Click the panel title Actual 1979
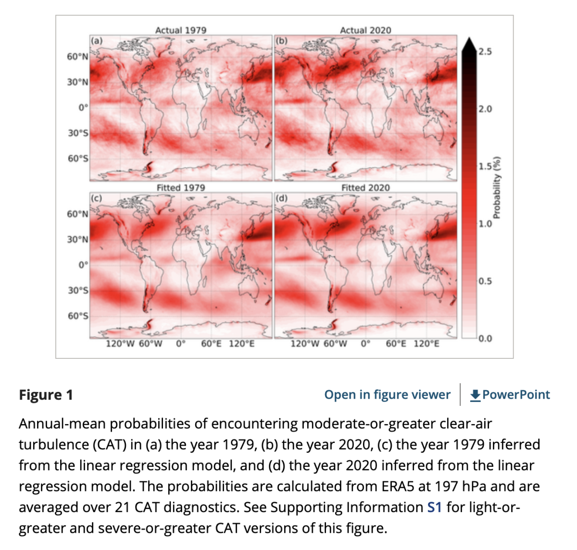click(x=180, y=30)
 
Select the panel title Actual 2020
click(x=365, y=30)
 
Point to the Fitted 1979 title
click(x=180, y=187)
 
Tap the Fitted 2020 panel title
click(x=365, y=187)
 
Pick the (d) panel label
click(x=281, y=198)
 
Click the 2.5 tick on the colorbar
click(x=485, y=51)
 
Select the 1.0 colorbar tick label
click(x=485, y=223)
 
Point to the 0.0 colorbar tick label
click(x=485, y=338)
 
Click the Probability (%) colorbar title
click(x=497, y=187)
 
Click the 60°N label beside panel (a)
click(x=77, y=57)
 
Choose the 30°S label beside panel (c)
click(x=77, y=290)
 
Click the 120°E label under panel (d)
click(x=426, y=344)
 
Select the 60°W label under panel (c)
click(x=151, y=344)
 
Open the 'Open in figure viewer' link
click(x=387, y=395)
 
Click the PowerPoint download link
click(x=510, y=395)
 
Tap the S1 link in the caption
click(x=434, y=507)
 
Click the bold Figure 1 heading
click(x=46, y=395)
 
